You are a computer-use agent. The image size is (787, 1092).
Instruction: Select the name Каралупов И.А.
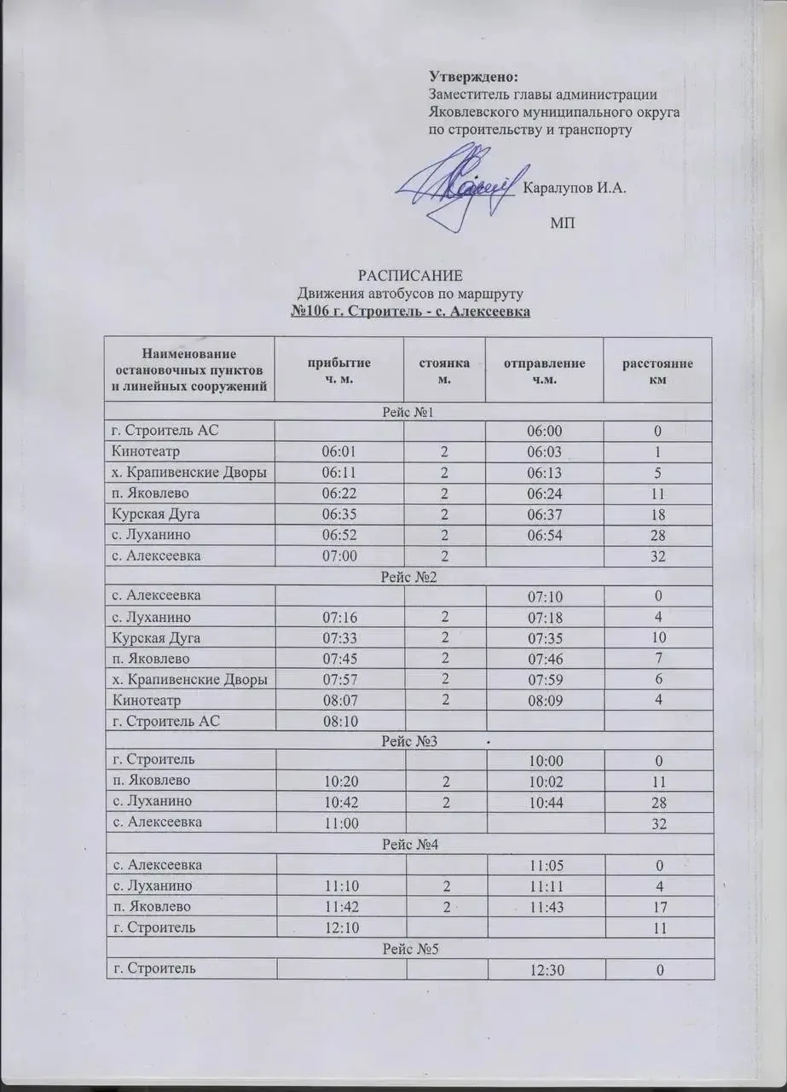point(573,189)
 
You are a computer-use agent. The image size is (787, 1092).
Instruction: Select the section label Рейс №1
point(409,412)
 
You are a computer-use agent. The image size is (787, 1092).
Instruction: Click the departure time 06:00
point(543,431)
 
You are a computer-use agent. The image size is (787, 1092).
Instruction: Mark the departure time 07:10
point(543,595)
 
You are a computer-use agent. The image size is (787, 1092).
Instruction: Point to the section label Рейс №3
point(409,741)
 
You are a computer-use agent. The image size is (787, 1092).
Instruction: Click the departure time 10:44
point(543,803)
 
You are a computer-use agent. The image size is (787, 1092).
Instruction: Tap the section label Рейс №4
point(409,845)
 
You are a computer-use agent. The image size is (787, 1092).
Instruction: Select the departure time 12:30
point(543,969)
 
